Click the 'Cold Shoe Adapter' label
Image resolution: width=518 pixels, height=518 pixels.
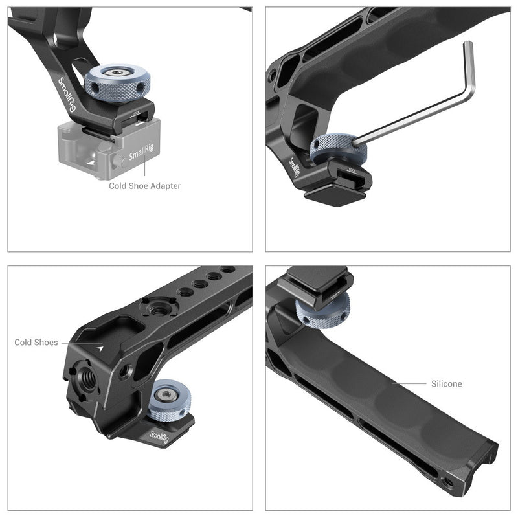(144, 186)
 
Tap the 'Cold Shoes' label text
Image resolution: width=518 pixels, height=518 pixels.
(36, 343)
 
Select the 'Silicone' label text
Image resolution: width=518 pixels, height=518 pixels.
(447, 384)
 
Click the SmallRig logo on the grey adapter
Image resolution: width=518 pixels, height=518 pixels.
(141, 155)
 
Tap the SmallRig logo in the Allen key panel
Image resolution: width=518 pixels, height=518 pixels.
(295, 170)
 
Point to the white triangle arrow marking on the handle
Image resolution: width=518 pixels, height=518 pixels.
(100, 347)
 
